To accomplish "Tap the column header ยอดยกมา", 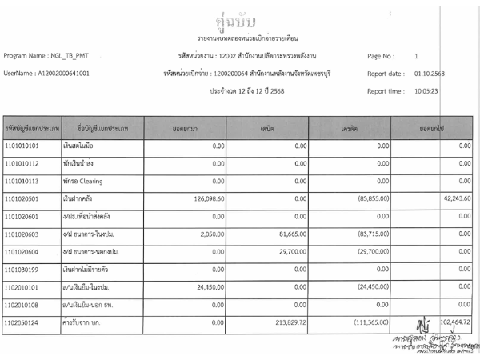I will (x=186, y=127).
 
